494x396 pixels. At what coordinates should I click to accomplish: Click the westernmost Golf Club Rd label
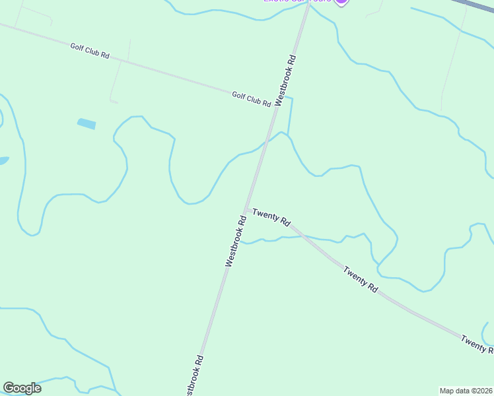click(90, 50)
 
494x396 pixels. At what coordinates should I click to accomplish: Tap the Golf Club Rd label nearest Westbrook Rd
click(252, 99)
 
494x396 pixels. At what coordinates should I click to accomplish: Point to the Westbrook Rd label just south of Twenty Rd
click(236, 238)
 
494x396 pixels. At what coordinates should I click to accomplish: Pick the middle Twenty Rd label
click(360, 279)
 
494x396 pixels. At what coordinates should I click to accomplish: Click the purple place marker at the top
click(341, 2)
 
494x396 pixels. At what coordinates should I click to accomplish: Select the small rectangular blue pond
click(87, 123)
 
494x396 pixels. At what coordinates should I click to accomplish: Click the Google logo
click(22, 388)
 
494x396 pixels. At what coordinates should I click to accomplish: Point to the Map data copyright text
click(466, 390)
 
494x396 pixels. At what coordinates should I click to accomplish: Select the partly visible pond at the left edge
click(3, 160)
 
